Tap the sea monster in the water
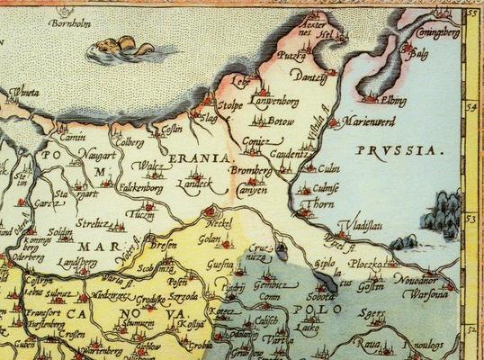pyautogui.click(x=121, y=45)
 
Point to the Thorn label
pyautogui.click(x=308, y=204)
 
